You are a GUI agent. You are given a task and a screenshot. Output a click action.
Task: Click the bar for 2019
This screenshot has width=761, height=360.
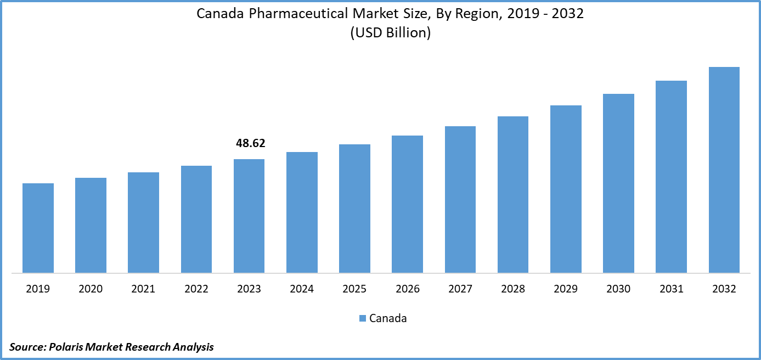click(38, 228)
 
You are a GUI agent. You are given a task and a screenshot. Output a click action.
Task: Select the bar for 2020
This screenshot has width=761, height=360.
click(91, 225)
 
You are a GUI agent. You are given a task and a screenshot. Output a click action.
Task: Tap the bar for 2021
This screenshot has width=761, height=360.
click(143, 222)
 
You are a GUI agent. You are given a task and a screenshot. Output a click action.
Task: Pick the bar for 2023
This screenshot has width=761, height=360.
click(249, 216)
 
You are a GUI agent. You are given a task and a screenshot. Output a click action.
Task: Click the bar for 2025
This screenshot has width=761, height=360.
click(354, 209)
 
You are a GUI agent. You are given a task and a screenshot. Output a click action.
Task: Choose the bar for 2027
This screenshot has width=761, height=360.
click(460, 199)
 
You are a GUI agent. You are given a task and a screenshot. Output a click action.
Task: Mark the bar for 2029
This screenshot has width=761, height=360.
click(566, 189)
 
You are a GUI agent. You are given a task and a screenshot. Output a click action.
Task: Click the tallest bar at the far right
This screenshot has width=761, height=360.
click(724, 170)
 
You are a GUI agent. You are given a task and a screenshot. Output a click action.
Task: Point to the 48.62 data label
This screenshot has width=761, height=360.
click(250, 144)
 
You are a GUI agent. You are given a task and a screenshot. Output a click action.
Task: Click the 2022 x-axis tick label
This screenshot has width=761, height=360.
click(196, 289)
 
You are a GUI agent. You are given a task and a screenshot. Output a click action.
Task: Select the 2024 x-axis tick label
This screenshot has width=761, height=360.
click(302, 289)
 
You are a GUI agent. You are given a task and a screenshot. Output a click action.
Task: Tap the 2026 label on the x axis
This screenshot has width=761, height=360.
click(408, 289)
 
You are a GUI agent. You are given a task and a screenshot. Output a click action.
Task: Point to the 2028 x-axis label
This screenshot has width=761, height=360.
click(513, 289)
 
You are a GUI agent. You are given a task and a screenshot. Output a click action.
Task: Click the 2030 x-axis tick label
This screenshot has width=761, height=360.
click(618, 289)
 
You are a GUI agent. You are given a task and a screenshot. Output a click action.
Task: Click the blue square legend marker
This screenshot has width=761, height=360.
click(362, 318)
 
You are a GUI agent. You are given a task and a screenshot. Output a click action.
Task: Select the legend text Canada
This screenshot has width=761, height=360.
click(388, 318)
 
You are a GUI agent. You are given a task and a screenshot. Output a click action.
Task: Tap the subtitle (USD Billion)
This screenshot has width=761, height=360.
click(390, 32)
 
